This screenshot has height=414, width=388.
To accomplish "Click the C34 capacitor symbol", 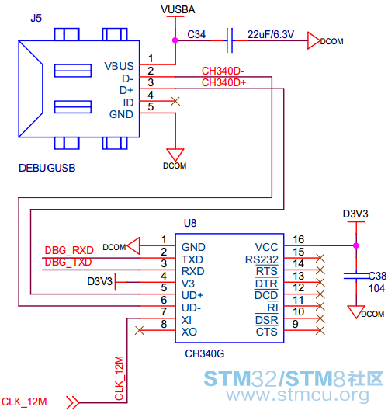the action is [x=230, y=40].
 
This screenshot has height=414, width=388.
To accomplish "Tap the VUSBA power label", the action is [x=178, y=10].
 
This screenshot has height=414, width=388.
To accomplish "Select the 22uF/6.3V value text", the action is [x=271, y=35].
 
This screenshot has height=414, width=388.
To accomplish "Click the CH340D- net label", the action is [x=223, y=71].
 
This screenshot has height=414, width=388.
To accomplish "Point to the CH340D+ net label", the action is [x=223, y=83].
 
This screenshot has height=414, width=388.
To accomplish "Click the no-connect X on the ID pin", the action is [x=175, y=101].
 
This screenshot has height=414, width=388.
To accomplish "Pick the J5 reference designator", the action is [x=36, y=18].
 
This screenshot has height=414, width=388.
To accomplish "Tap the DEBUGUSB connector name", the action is [x=47, y=168].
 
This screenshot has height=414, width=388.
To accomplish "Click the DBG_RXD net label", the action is [x=69, y=250].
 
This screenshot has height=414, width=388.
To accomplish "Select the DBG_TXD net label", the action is [x=68, y=262].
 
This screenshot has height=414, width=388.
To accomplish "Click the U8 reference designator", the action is [x=190, y=224].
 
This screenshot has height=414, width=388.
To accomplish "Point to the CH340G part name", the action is [x=204, y=353].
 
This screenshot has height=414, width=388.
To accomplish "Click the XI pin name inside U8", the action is [x=186, y=320].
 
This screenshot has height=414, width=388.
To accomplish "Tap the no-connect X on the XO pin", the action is [x=139, y=330].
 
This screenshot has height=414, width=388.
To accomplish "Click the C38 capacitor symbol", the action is [x=356, y=276].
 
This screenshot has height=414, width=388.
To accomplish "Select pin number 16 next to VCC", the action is [x=298, y=239].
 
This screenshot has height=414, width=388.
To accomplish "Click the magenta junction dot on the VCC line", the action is [x=356, y=245].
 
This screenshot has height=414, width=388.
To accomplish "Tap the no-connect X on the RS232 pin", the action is [x=320, y=258].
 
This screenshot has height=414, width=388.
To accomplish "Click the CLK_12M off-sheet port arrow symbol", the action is [x=73, y=402].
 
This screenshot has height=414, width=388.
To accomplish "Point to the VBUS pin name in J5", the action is [x=120, y=66].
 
